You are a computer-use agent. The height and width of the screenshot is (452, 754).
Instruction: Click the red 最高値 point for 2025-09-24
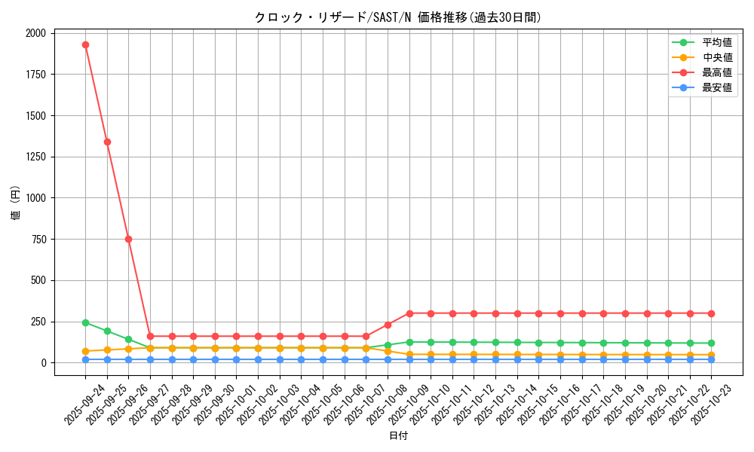[x=85, y=44]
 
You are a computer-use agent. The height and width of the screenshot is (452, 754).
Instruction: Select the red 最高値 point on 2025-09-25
[x=107, y=142]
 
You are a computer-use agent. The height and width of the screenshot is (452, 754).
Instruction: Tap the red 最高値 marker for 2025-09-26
[x=128, y=239]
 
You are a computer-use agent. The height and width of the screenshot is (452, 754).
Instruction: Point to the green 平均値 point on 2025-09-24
[x=85, y=322]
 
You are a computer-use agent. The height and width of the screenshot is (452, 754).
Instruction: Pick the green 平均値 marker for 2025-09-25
[x=107, y=331]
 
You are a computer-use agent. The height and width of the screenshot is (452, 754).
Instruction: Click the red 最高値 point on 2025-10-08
[x=388, y=325]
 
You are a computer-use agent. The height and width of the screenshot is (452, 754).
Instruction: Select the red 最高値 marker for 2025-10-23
[x=711, y=313]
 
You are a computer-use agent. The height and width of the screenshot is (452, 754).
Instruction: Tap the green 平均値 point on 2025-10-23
[x=711, y=343]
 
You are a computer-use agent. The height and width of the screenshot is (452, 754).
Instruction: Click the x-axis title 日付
[x=398, y=436]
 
